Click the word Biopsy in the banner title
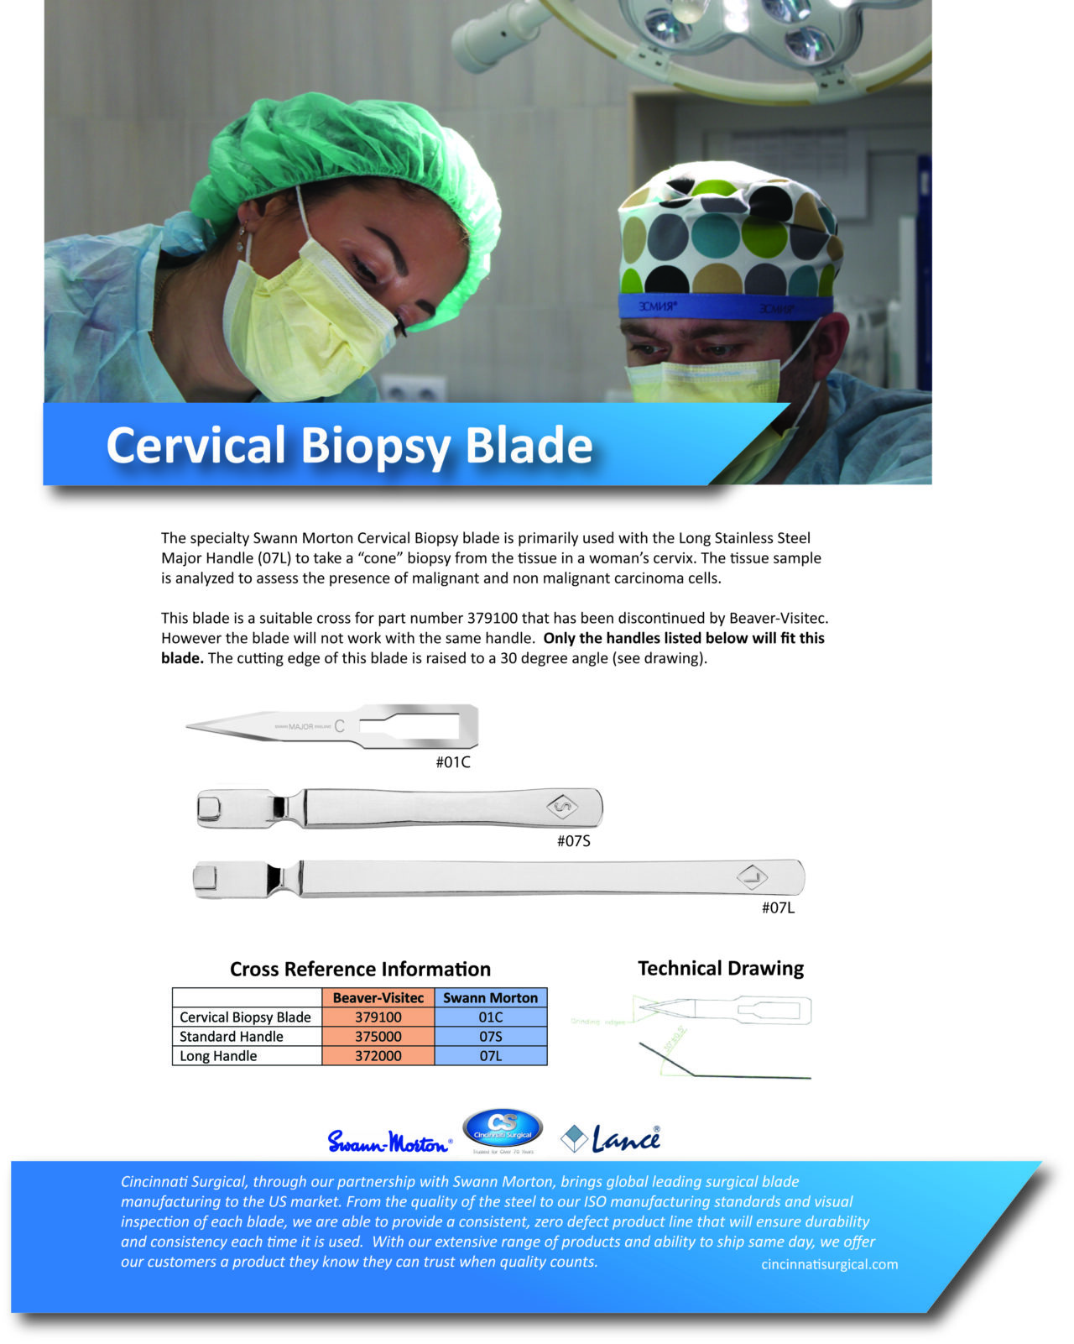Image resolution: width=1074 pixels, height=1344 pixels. tap(375, 446)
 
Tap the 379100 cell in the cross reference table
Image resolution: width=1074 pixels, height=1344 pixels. tap(378, 1017)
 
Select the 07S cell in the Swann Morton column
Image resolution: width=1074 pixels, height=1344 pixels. tap(491, 1036)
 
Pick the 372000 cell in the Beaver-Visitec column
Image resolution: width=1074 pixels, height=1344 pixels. tap(378, 1055)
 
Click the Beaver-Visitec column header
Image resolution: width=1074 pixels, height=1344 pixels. tap(378, 997)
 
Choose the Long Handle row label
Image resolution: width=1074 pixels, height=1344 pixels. tap(218, 1055)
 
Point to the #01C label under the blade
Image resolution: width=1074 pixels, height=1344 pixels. tap(452, 762)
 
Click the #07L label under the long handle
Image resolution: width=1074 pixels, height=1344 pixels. tap(778, 907)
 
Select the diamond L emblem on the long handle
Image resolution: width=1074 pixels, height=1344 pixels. tap(753, 877)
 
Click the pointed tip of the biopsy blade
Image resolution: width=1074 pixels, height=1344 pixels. tap(190, 726)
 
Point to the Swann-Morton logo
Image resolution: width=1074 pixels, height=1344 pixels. tap(388, 1142)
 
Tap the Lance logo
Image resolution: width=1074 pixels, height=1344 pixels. tap(613, 1139)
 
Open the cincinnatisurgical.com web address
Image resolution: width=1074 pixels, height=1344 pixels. tap(829, 1264)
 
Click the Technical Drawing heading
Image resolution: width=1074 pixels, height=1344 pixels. tap(720, 968)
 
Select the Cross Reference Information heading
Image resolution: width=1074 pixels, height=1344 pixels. tap(360, 969)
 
